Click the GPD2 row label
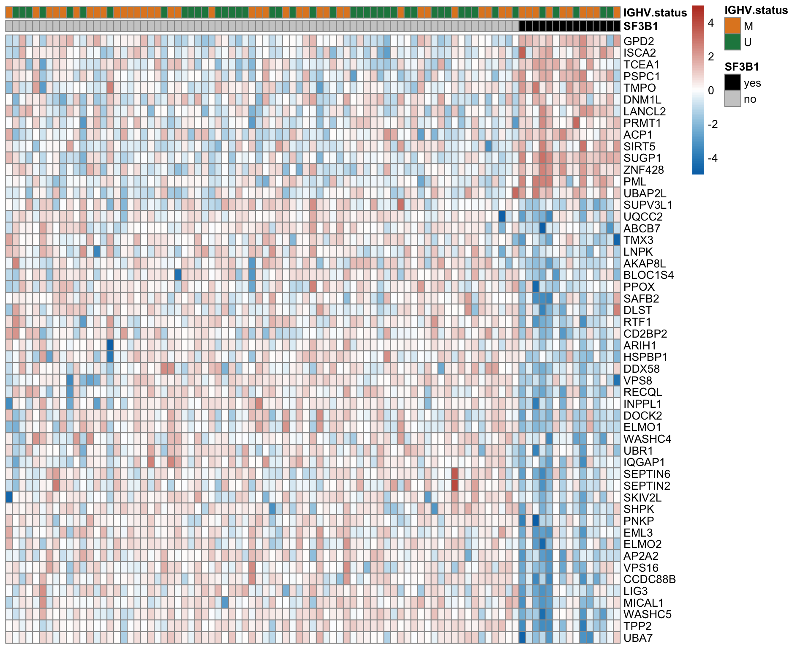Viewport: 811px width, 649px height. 638,41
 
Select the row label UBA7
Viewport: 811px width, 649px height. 638,638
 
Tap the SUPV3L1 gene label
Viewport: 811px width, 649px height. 648,205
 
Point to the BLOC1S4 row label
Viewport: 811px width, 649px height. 648,275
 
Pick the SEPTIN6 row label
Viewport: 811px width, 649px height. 647,474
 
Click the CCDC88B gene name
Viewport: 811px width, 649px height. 649,579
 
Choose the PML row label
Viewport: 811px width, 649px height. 634,182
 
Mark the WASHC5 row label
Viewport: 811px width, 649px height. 647,614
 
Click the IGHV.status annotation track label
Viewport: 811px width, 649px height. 655,13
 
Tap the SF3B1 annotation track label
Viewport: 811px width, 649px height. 640,26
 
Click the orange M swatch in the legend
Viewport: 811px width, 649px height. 732,26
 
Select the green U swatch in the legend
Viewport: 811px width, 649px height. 732,42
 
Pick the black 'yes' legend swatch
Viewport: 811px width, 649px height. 732,83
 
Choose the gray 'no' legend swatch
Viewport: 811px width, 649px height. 732,99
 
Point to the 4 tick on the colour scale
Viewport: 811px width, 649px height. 711,23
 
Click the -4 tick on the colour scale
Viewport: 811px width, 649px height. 713,158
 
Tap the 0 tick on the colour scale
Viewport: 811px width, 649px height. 711,90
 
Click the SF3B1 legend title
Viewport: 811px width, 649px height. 741,67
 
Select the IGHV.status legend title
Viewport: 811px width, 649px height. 756,10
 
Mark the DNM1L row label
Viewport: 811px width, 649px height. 642,100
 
